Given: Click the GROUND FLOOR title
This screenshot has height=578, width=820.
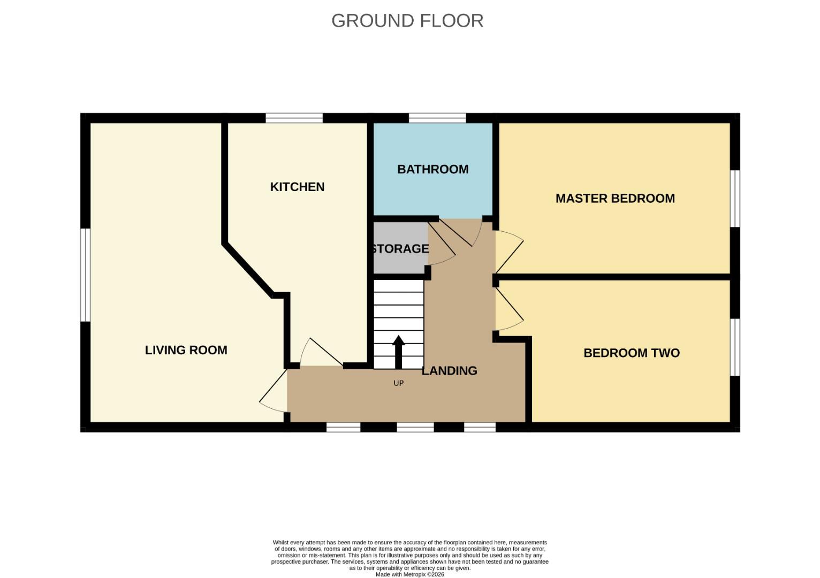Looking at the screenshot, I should (x=407, y=21).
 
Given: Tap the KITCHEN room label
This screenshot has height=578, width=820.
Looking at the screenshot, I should (x=297, y=187).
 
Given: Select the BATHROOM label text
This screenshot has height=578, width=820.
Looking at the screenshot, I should (x=432, y=169).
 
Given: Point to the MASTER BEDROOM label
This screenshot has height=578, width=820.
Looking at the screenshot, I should (x=615, y=199).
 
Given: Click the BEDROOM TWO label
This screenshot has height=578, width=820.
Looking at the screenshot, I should (x=631, y=353).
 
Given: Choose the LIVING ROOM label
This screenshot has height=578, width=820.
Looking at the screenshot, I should (x=186, y=350).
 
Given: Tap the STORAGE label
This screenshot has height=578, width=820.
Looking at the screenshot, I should (x=400, y=249).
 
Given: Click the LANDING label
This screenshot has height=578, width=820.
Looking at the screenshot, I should (x=449, y=370).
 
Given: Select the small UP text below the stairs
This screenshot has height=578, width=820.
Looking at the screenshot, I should (x=398, y=383).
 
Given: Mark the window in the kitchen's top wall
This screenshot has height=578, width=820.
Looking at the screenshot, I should (x=294, y=118).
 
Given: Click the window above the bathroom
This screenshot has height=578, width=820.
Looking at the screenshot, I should (x=437, y=118).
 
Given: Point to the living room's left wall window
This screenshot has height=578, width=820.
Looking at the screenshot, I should (x=85, y=275).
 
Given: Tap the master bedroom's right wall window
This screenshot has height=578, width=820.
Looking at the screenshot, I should (x=735, y=199).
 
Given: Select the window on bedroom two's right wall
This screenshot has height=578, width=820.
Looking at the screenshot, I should (x=735, y=347).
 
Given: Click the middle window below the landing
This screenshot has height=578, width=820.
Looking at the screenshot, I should (x=415, y=427).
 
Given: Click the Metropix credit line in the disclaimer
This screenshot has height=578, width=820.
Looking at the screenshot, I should (x=409, y=574).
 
